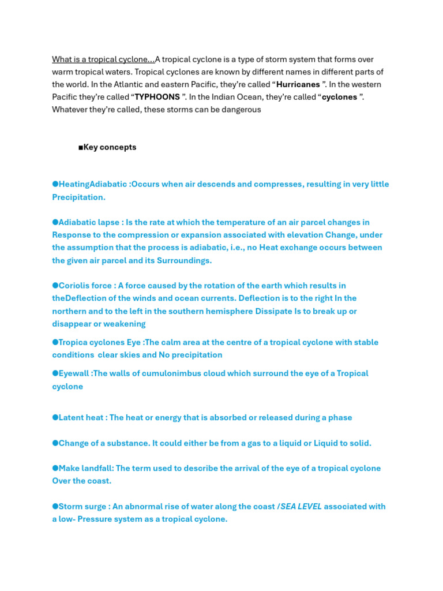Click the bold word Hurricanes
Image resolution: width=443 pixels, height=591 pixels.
(298, 84)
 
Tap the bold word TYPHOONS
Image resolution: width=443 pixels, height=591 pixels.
(157, 97)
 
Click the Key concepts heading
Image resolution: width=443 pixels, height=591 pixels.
(110, 147)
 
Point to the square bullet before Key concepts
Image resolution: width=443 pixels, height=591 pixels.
(81, 147)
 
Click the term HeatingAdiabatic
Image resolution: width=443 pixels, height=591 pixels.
(94, 184)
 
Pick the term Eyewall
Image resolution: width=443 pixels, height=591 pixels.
(73, 373)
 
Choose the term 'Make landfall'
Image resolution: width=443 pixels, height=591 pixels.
(85, 468)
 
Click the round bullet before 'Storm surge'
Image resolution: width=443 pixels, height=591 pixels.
(55, 506)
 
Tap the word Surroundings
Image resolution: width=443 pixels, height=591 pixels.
(183, 260)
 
